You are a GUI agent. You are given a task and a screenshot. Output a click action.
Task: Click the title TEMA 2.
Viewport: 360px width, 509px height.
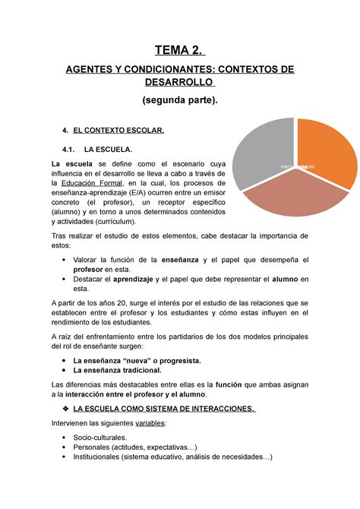pos(179,51)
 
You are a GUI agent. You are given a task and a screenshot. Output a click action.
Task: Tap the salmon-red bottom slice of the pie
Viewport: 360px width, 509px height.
pos(292,199)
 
